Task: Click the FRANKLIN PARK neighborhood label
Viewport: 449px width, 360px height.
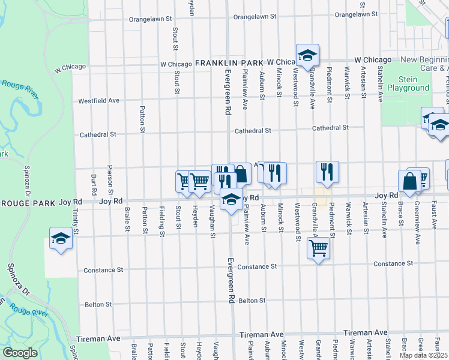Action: (229, 62)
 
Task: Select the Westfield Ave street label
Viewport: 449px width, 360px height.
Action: (98, 100)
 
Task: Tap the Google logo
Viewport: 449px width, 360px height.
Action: (20, 352)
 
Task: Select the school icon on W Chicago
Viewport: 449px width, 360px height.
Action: (307, 56)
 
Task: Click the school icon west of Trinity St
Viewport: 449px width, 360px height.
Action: (61, 239)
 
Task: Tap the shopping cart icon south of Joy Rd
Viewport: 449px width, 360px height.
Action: (319, 246)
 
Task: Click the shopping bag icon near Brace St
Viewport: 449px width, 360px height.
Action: (409, 181)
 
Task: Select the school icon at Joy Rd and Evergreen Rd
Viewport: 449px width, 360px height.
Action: (231, 200)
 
